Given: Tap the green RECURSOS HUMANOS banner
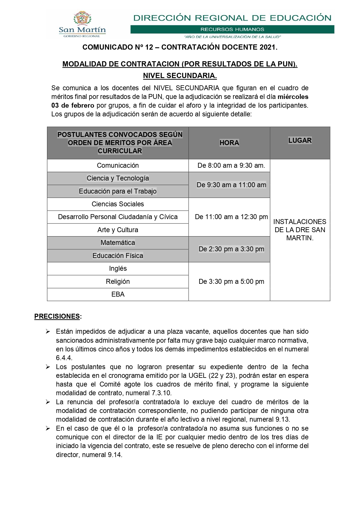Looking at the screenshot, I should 232,29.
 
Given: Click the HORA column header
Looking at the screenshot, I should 229,143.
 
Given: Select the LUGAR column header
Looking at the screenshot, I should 300,140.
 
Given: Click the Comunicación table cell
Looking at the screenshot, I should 118,165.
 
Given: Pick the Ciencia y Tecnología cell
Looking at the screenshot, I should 118,178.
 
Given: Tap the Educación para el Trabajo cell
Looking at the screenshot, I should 118,191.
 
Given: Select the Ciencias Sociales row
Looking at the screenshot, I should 118,204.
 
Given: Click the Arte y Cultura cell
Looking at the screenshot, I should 118,230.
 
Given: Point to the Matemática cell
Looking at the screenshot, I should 118,243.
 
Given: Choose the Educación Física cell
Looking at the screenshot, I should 118,256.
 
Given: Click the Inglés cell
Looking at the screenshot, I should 118,268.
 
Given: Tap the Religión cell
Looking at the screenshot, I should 118,281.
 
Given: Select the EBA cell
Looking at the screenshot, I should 118,294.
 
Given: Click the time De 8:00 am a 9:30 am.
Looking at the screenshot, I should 231,165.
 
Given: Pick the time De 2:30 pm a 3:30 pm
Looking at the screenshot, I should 231,249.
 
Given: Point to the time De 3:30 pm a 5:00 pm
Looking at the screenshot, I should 231,281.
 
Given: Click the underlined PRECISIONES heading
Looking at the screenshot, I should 57,316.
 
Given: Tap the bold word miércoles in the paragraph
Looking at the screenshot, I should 293,97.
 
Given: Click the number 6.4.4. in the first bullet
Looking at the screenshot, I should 64,358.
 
